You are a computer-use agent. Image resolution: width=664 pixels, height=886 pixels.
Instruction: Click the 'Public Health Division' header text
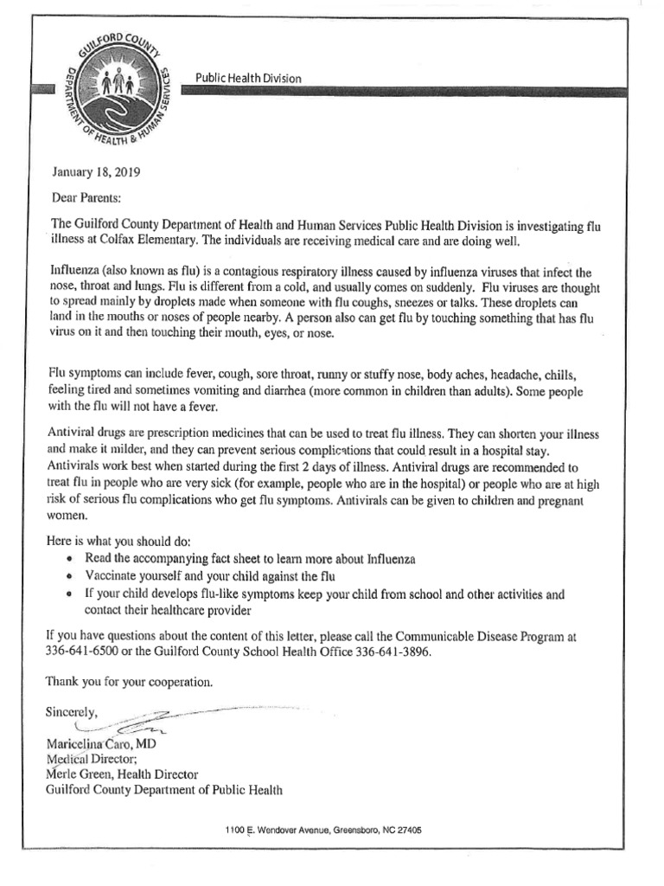click(249, 79)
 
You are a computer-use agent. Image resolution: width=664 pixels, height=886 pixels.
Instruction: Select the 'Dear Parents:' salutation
click(87, 197)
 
